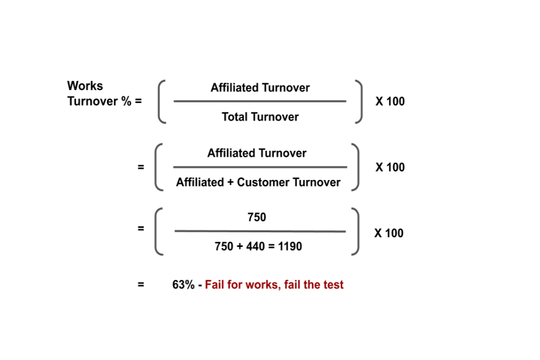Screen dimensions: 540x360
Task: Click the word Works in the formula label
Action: [x=85, y=85]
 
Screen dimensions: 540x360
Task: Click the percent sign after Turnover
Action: [x=127, y=101]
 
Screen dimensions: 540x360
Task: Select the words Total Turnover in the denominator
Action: [x=260, y=117]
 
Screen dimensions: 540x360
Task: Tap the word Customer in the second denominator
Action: [x=263, y=182]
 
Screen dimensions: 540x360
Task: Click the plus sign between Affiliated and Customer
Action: [x=231, y=182]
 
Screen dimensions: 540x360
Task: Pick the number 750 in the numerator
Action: [x=256, y=217]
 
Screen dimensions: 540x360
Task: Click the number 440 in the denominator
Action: [x=255, y=246]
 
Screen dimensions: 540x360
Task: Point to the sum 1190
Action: [x=290, y=246]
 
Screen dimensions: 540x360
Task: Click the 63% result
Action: [x=183, y=285]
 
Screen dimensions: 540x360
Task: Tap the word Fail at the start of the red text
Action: [x=214, y=285]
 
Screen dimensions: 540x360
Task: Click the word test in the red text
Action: [x=334, y=285]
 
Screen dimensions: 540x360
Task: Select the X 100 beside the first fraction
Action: [x=390, y=101]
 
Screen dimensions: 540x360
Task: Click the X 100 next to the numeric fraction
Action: [x=389, y=233]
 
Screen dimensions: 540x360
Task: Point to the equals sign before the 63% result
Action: [x=141, y=285]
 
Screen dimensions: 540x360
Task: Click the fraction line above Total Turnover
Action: [x=260, y=101]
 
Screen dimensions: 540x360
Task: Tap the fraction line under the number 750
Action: [x=260, y=231]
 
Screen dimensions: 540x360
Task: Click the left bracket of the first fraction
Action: [x=159, y=101]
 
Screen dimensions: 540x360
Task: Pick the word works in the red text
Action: [x=264, y=285]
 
